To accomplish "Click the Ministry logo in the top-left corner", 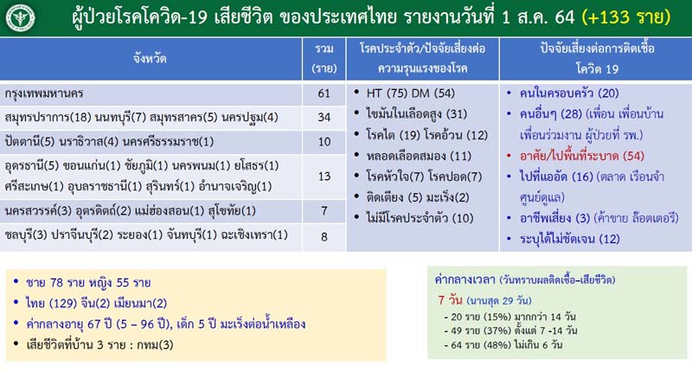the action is point(20,18).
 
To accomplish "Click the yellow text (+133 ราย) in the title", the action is point(625,17).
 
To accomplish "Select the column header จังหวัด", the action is point(150,58).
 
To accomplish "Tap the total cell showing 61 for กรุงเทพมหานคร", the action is point(324,93).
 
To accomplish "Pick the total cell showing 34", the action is point(324,117).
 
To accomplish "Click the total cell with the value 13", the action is point(324,177).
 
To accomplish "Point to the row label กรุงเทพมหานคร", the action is point(44,93).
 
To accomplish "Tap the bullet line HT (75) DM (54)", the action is point(410,93).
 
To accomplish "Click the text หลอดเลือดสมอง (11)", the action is point(419,156).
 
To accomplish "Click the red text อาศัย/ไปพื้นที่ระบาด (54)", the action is point(581,156).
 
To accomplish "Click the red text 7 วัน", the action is point(450,300).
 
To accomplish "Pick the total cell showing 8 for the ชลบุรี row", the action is point(324,237).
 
